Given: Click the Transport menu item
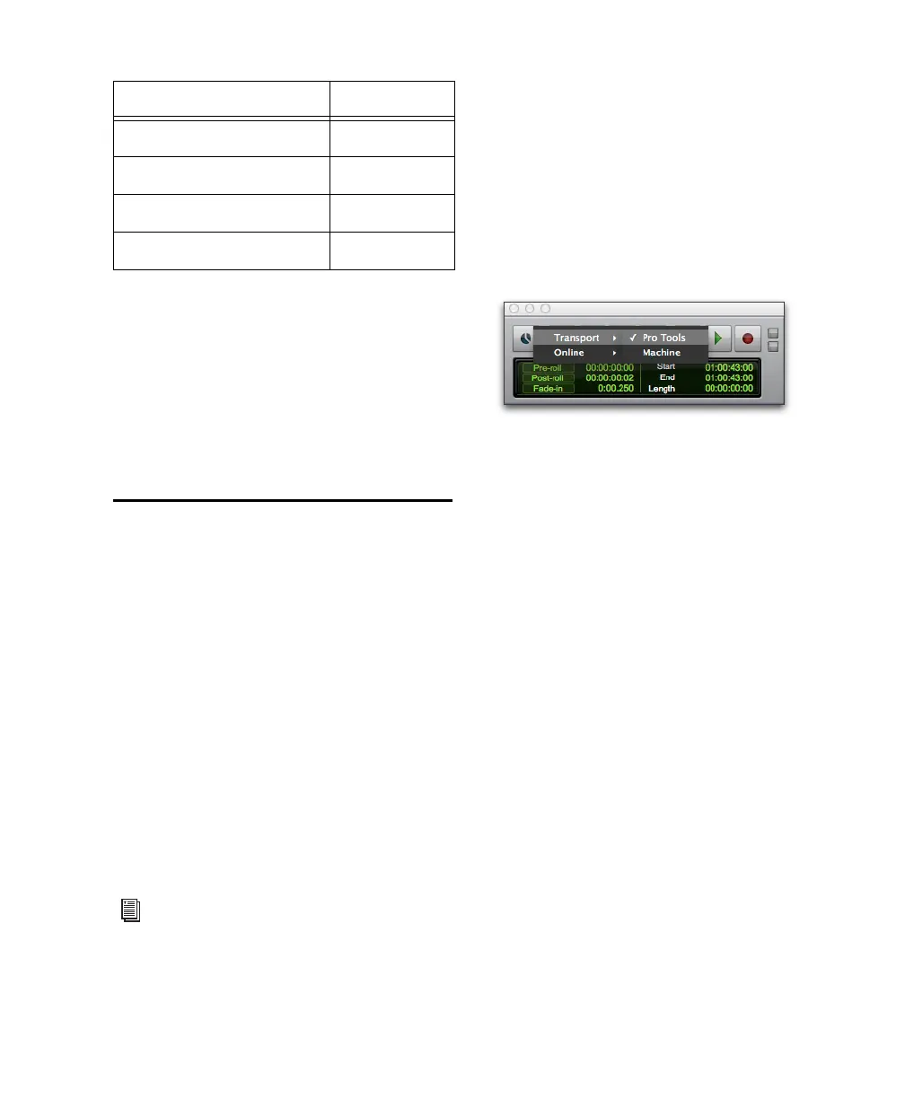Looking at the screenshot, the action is [576, 338].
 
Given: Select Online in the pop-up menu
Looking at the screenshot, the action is [568, 353].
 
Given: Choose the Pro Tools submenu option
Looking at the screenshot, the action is [663, 338].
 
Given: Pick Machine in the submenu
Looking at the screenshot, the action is [661, 353].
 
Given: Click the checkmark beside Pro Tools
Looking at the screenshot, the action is [633, 338].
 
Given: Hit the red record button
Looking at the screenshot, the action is [747, 338].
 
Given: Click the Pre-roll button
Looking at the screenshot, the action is [548, 367].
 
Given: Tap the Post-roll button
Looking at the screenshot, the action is [548, 378].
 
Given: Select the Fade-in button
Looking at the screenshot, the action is [548, 389].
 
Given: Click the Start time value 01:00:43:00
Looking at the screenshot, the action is [728, 367].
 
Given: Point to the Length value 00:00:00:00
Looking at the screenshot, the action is [728, 389].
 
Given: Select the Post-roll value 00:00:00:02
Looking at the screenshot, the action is [610, 378].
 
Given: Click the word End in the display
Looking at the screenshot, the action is [666, 377].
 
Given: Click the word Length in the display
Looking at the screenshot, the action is [662, 389].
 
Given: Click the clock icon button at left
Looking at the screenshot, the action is [523, 338].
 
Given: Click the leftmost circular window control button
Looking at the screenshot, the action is [514, 309].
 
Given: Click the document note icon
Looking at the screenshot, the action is [131, 910].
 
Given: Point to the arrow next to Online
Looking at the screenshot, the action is [614, 353].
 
